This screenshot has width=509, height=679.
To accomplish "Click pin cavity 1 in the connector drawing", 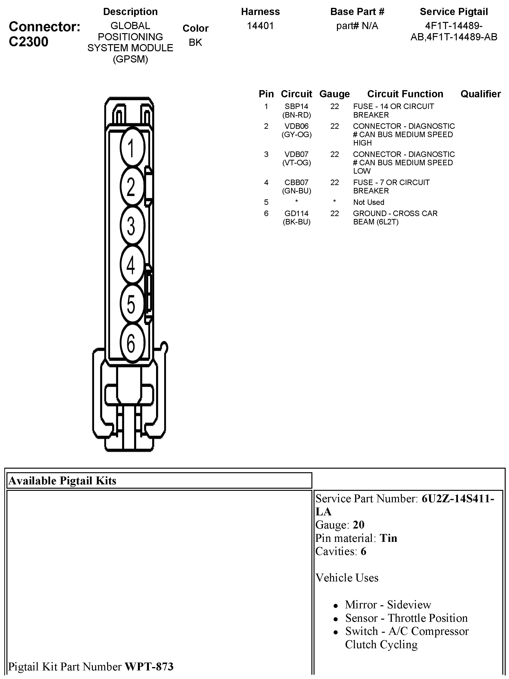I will pos(132,148).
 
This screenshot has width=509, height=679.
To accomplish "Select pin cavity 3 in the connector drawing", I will pos(132,226).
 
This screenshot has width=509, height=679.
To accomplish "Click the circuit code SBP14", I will pos(296,107).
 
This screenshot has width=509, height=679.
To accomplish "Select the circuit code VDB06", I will pos(296,126).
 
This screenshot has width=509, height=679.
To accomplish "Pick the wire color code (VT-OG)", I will pos(296,163).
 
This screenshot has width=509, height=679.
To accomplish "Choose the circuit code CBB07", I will pos(296,182).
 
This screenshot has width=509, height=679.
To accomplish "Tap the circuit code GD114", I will pos(296,213).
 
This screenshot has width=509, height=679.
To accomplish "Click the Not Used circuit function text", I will pos(369,202).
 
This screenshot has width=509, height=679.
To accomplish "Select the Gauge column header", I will pos(335,94).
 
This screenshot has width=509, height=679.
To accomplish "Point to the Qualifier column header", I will pos(480,94).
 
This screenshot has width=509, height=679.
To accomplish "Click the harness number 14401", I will pos(260,26).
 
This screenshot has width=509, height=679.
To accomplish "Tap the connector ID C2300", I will pos(29,42).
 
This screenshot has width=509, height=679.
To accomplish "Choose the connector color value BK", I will pos(195,42).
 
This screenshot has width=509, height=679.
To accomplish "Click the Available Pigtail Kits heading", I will pos(62,481).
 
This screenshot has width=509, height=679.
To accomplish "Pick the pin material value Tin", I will pos(388,538).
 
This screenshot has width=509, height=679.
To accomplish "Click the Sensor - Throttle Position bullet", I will pos(406,618).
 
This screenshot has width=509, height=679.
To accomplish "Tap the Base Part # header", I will pos(357,12).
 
